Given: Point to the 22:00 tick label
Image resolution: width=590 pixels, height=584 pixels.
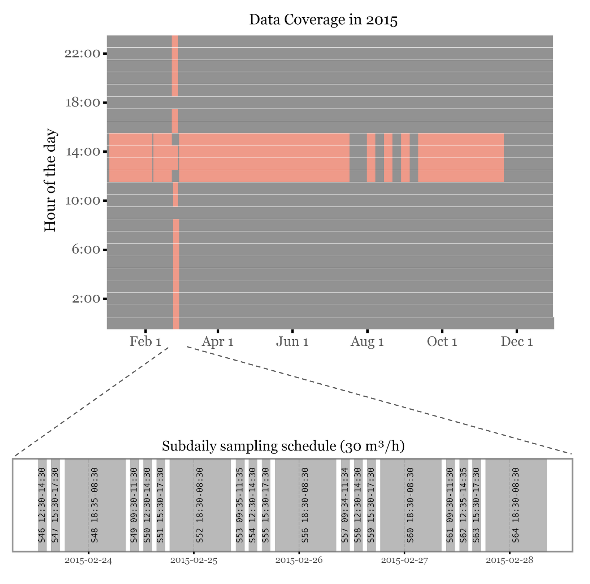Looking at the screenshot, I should [82, 54].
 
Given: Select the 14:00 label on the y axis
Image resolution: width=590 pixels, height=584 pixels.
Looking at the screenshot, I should [82, 152].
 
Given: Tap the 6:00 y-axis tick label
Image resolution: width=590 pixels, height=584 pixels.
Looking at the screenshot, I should [86, 250].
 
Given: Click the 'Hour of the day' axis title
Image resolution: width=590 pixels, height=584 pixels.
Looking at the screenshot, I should [50, 180].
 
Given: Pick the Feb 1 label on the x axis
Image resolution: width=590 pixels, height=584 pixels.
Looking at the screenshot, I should [145, 342].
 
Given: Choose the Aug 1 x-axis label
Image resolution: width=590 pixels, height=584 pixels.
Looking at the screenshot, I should [367, 342].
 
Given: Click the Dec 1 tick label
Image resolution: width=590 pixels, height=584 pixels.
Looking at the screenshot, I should [517, 342].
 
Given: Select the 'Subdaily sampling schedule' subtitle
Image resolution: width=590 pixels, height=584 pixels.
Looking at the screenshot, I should [283, 446].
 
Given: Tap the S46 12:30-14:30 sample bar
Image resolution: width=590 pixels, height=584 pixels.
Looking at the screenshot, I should [42, 505].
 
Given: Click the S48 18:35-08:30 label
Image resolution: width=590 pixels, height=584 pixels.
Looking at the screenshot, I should [95, 505].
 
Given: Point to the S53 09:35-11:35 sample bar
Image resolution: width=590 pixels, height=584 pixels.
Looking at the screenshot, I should [240, 505].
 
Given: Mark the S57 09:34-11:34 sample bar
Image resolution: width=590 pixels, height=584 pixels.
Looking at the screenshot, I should [345, 505].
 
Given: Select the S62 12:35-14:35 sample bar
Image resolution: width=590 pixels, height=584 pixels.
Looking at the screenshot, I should [464, 505].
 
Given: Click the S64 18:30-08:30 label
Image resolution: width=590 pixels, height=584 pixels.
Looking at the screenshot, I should [516, 505].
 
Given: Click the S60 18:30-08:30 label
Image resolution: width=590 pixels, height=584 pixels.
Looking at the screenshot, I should [411, 505].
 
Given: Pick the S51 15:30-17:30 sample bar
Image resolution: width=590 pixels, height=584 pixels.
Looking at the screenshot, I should [161, 505].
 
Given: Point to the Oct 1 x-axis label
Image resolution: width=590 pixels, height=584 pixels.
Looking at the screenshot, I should [442, 342].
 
